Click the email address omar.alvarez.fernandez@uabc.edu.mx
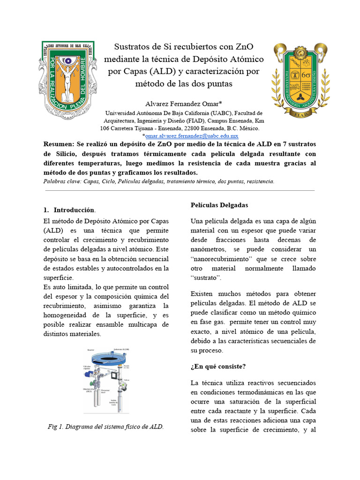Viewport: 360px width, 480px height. (192, 135)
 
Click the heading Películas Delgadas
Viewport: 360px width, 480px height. (219, 205)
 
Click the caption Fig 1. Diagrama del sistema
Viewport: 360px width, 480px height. (106, 427)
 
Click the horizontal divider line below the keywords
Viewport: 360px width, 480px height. (180, 191)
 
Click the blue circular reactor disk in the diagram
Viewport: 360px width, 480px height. (100, 359)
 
